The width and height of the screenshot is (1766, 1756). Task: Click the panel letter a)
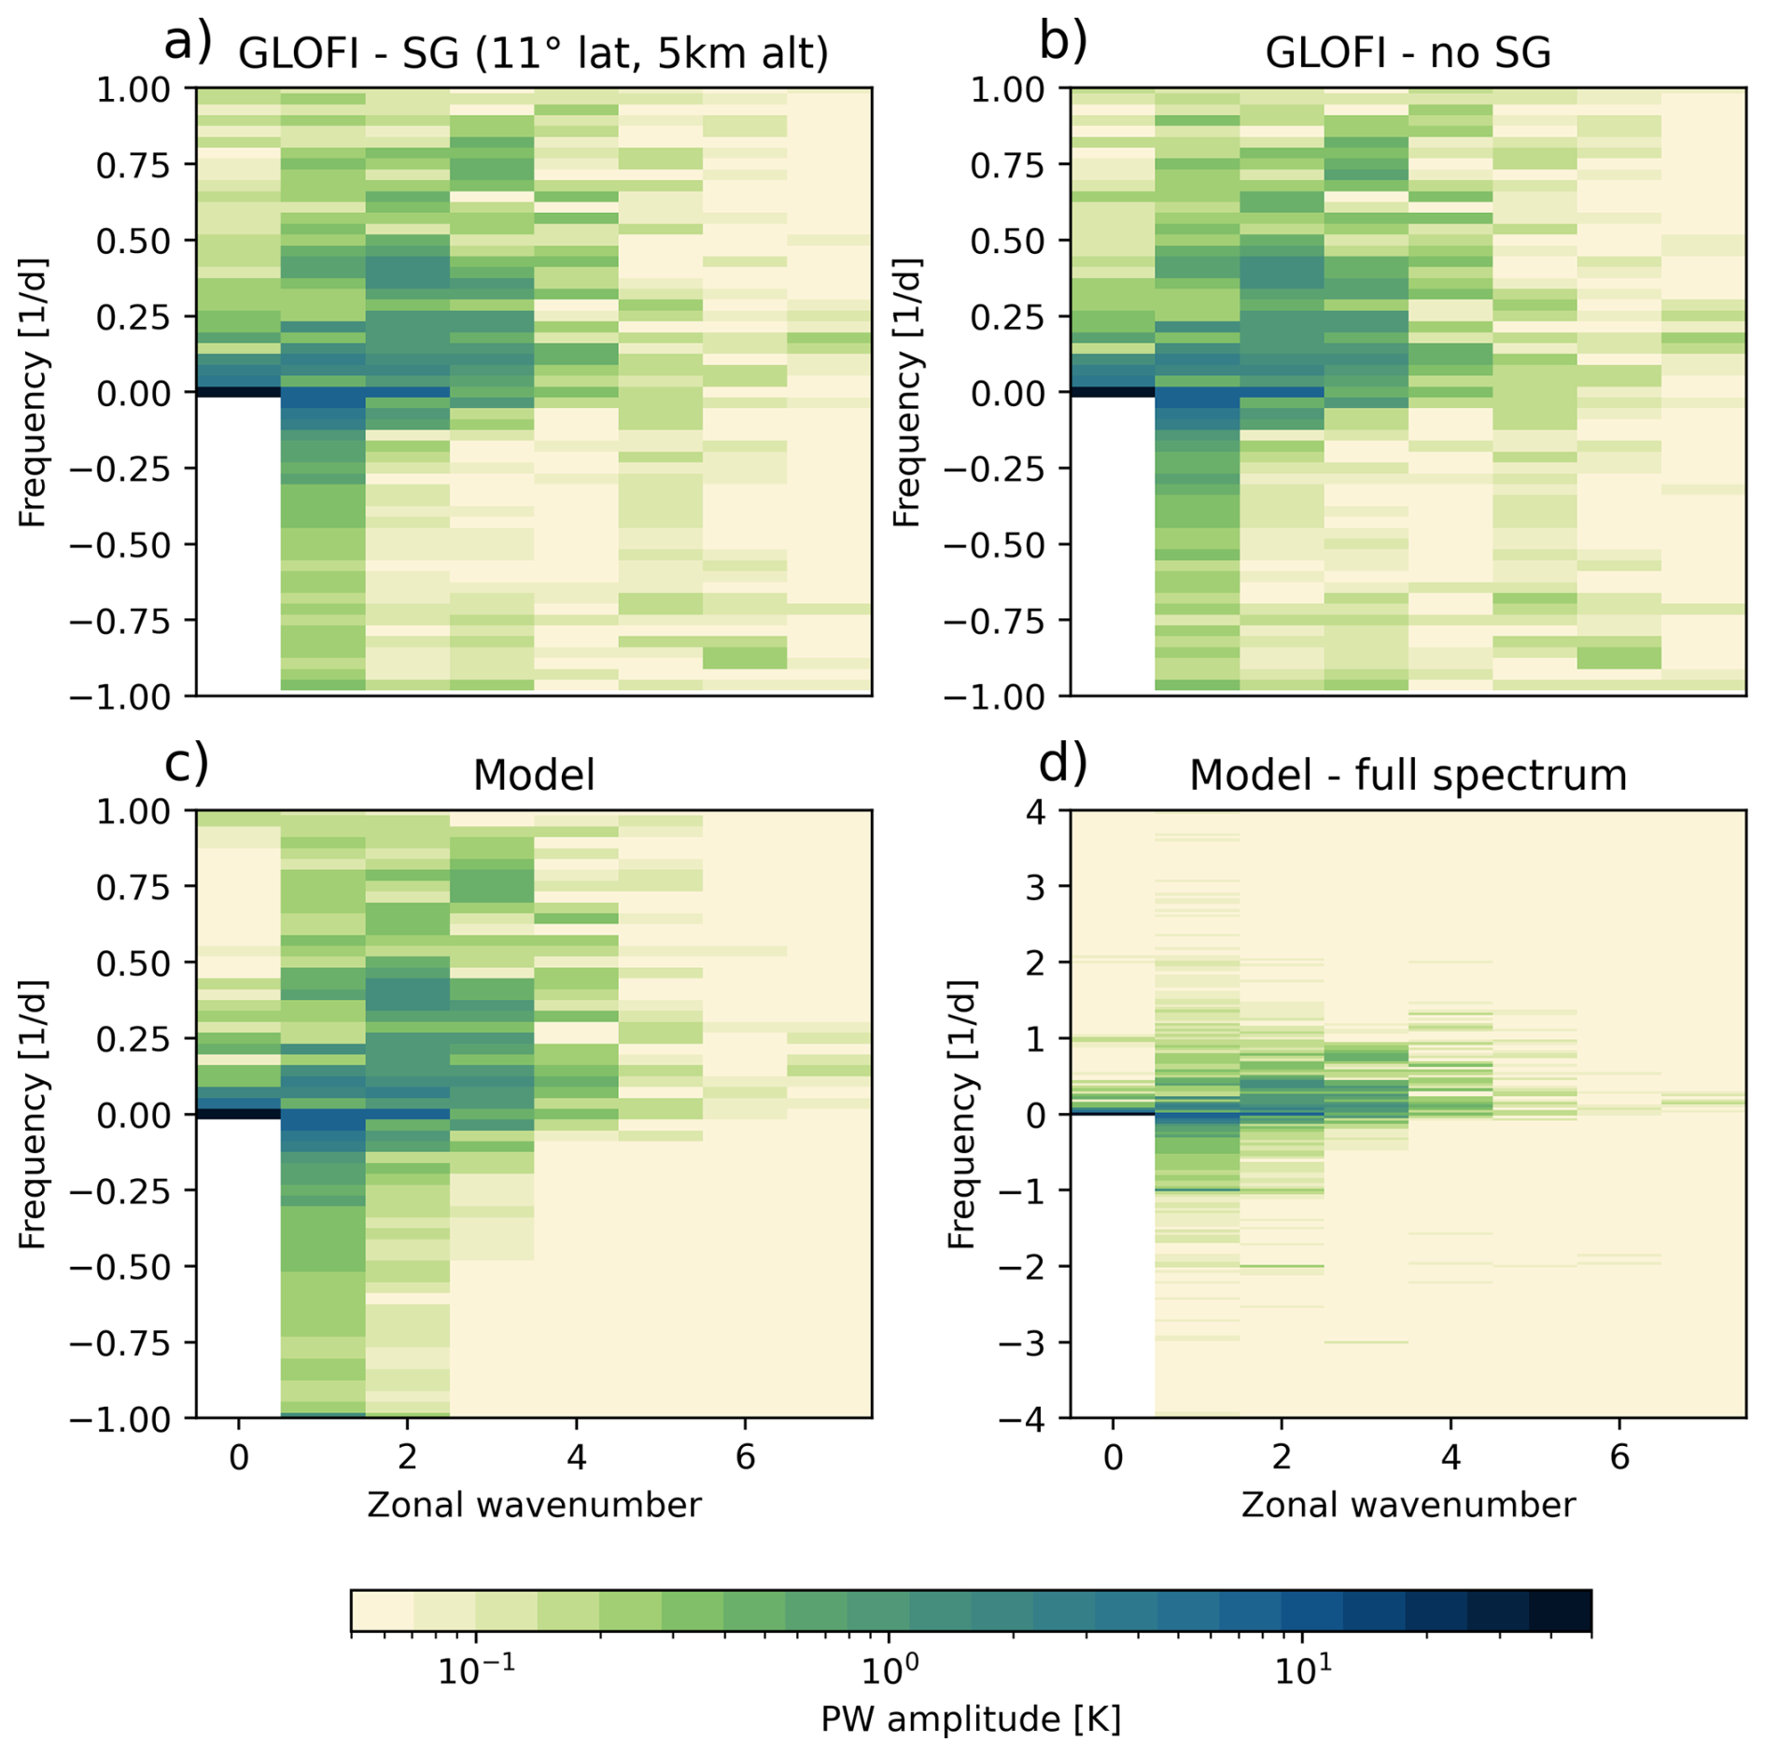click(x=188, y=43)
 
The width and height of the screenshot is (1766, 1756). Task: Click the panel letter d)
click(x=1062, y=765)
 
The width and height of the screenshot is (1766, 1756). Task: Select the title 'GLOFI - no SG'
click(x=1407, y=52)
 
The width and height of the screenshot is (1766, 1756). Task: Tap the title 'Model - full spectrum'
click(x=1407, y=775)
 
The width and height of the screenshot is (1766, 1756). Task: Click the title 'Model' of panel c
click(x=533, y=775)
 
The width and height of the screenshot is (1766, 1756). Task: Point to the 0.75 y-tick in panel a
click(x=133, y=165)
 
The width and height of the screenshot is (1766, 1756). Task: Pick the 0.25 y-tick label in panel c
click(x=133, y=1039)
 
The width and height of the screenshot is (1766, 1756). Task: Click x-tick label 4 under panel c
click(x=576, y=1457)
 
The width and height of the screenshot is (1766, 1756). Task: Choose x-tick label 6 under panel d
click(x=1619, y=1457)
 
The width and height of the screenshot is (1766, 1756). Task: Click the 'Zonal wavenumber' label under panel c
click(x=533, y=1505)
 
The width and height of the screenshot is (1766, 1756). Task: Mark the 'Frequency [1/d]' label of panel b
click(x=906, y=392)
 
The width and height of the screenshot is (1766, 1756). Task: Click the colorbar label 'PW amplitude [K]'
click(x=970, y=1719)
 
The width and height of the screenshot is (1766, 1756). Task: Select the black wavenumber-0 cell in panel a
click(x=238, y=392)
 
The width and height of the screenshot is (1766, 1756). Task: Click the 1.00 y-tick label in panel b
click(x=1007, y=90)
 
